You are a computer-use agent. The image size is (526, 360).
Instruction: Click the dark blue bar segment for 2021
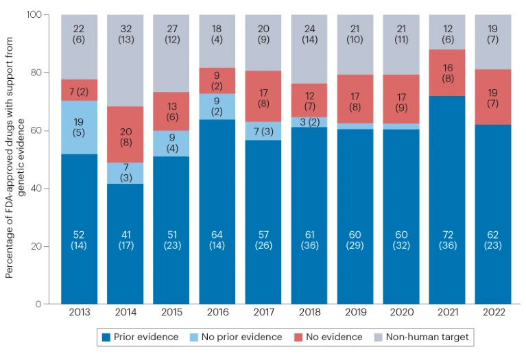[x=447, y=199]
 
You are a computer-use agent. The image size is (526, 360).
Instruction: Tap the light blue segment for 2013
[x=79, y=127]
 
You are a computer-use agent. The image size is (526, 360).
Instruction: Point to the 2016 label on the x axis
[x=217, y=313]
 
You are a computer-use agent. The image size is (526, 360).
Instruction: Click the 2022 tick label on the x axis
[x=493, y=313]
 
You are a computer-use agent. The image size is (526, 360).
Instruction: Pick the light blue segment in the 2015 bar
[x=171, y=143]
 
